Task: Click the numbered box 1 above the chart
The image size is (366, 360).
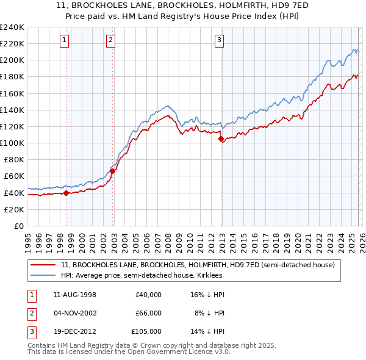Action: pos(65,41)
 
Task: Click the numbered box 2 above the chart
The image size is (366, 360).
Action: pos(110,41)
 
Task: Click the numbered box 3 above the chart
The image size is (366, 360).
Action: pos(219,41)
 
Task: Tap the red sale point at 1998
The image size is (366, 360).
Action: pos(66,193)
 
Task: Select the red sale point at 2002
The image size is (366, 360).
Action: pos(113,171)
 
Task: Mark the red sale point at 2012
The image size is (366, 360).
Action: pos(221,139)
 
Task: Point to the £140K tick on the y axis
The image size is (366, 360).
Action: pos(12,110)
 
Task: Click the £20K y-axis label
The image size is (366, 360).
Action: pos(13,209)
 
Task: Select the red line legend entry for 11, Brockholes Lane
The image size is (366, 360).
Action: pos(198,265)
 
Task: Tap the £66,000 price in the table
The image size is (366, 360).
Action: pos(148,313)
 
